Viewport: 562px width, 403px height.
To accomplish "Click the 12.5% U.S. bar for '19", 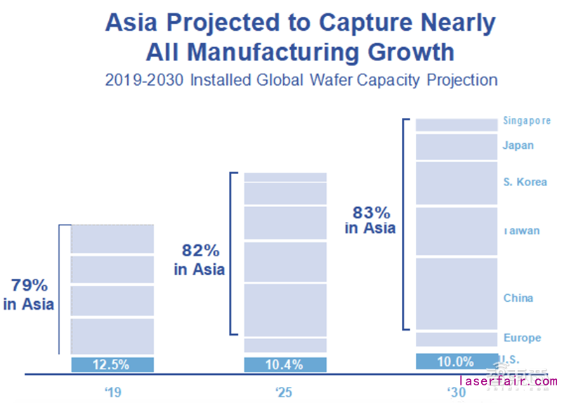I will click(x=112, y=364).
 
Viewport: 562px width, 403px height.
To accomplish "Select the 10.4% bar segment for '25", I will click(x=285, y=364).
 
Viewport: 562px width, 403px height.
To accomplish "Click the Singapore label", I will click(x=527, y=121).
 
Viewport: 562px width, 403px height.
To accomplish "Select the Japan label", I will click(x=518, y=145).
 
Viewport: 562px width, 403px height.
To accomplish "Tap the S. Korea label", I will click(x=525, y=183).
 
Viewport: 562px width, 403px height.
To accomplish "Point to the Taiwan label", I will click(x=521, y=230).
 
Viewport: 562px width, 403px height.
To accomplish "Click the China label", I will click(x=518, y=298).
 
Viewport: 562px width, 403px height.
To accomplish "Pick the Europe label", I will click(x=522, y=338).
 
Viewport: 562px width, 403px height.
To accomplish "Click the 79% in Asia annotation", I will click(x=29, y=295).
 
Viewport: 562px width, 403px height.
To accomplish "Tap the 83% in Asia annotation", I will click(x=370, y=220).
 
